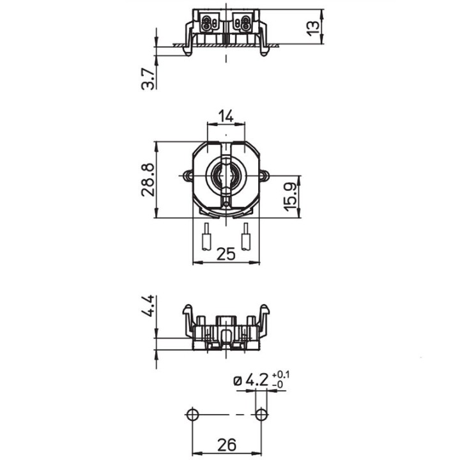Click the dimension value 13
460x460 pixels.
point(312,27)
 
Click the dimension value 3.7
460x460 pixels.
point(148,79)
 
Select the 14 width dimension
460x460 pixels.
point(226,116)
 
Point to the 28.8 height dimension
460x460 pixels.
point(148,180)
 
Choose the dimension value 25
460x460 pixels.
point(226,254)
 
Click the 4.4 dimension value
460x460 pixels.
point(148,306)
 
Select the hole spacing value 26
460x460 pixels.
point(226,444)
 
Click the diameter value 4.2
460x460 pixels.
point(257,380)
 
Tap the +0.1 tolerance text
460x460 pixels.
point(280,374)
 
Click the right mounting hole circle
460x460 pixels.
point(261,415)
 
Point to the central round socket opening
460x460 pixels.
point(226,174)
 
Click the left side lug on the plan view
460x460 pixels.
point(187,175)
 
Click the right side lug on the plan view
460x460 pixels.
point(264,175)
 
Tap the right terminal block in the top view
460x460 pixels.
point(243,24)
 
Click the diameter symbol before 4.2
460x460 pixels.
point(238,381)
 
